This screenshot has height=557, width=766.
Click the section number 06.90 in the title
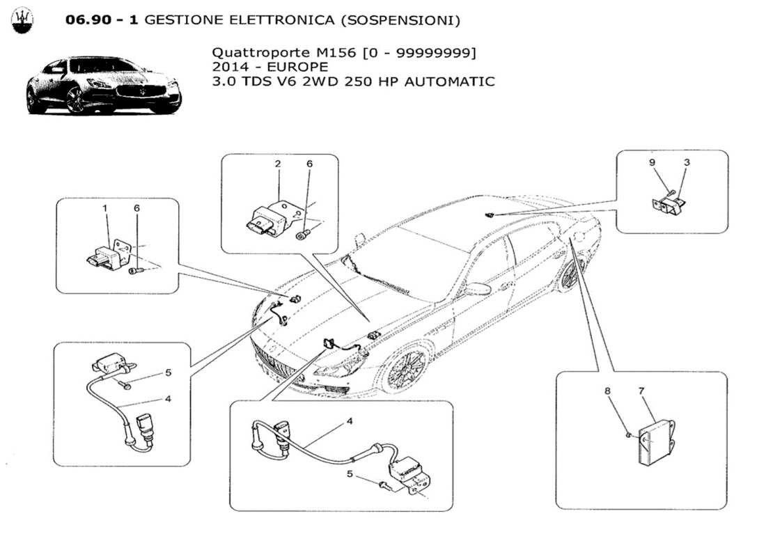coord(91,20)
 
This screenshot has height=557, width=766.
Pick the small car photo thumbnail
coord(103,86)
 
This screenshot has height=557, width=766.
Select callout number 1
coord(106,208)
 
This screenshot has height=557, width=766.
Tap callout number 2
coord(278,164)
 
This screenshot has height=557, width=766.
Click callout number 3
coord(687,163)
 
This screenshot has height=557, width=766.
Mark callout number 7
coord(641,392)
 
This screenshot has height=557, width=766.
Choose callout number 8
coord(607,392)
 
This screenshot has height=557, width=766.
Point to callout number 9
coord(652,163)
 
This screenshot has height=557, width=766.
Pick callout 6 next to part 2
coord(310,164)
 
